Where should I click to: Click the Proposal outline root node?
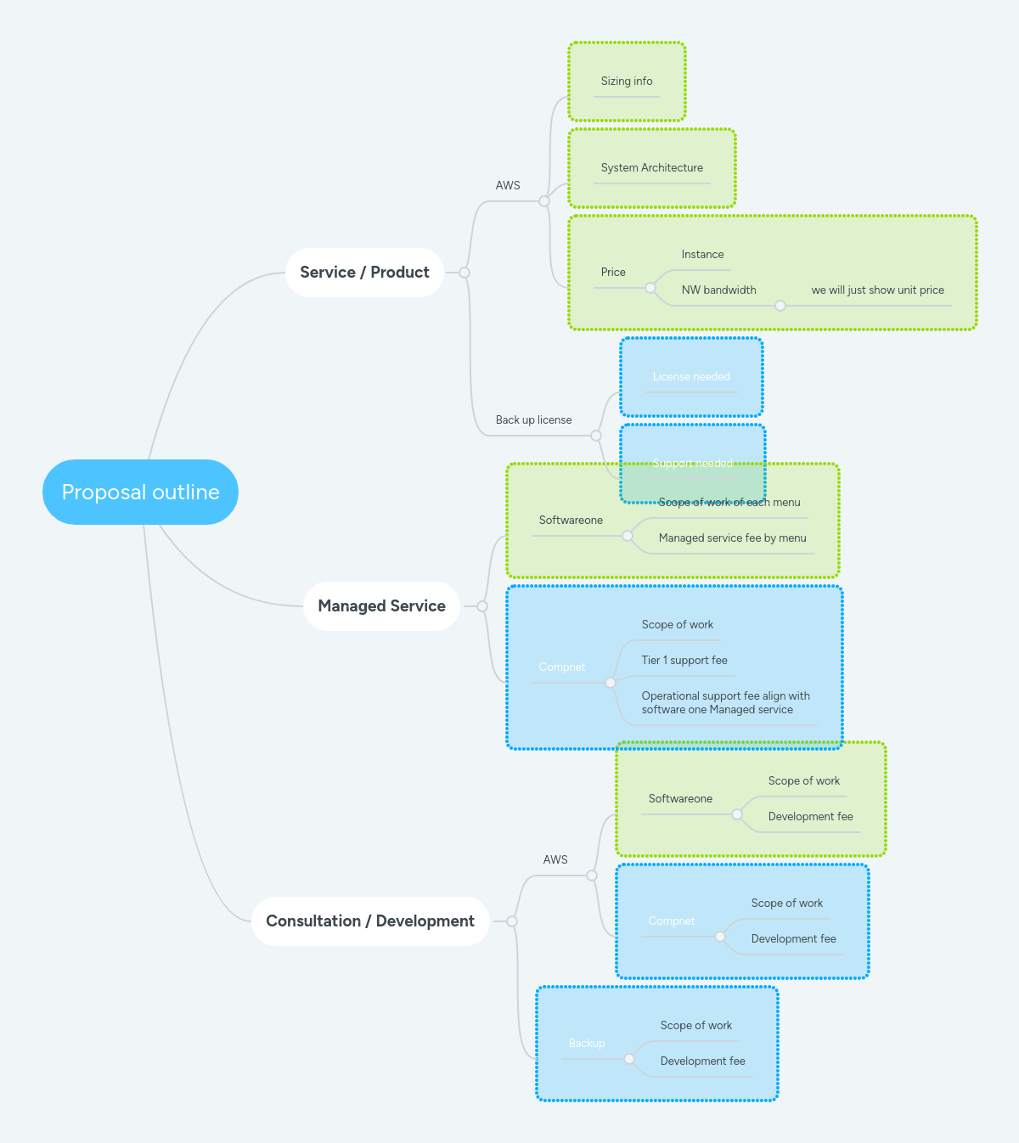pos(140,493)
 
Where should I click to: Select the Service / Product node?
pos(364,273)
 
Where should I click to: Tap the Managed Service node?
pos(381,606)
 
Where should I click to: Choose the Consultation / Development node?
pos(370,921)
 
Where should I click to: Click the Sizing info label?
pos(627,82)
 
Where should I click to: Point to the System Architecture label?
pos(651,168)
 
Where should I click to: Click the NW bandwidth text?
pos(718,290)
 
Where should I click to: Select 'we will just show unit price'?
pos(877,290)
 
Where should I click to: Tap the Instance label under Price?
pos(702,255)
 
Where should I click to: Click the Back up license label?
pos(533,420)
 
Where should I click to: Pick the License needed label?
pos(691,377)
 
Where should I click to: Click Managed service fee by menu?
pos(732,538)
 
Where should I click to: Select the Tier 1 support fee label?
pos(684,661)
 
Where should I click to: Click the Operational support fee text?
pos(725,703)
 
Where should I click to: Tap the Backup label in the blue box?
pos(587,1044)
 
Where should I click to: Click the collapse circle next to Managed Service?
pos(482,606)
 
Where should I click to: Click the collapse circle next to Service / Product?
pos(464,273)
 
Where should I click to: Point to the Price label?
pos(613,273)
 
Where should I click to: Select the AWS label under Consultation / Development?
pos(555,860)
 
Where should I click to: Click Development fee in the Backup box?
pos(702,1061)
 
